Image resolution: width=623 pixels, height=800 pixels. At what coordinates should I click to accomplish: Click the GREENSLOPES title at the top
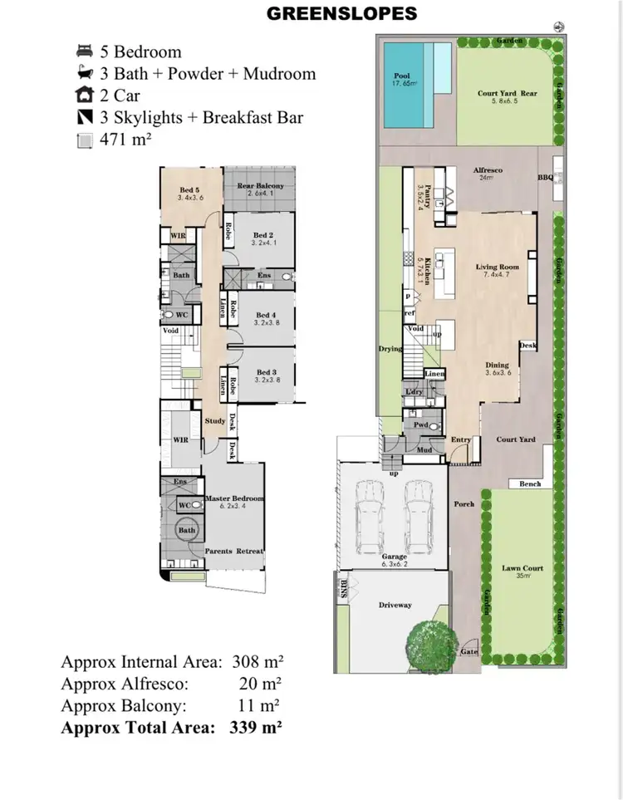[341, 13]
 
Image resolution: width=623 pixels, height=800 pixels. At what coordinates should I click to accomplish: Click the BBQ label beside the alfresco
[545, 177]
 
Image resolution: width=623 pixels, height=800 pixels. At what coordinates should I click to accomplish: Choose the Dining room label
[497, 368]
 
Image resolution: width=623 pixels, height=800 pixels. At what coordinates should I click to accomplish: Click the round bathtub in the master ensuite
[186, 530]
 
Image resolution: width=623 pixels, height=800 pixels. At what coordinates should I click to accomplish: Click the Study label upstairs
[214, 420]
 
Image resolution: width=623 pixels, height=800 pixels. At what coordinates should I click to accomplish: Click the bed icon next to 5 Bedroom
[84, 52]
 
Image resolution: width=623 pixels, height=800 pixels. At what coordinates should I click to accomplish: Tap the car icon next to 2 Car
[84, 96]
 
